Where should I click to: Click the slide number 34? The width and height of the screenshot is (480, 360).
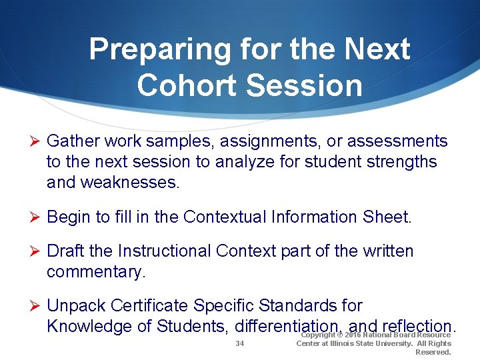pos(241,343)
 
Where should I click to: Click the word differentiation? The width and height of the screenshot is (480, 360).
pos(289,326)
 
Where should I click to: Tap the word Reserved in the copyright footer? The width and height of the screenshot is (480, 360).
pos(433,352)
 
